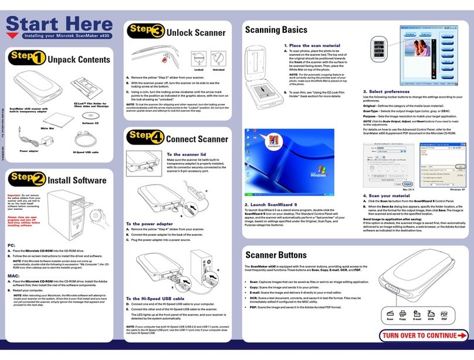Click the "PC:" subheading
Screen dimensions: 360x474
pos(11,244)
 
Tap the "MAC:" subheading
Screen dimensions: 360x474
pos(12,275)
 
